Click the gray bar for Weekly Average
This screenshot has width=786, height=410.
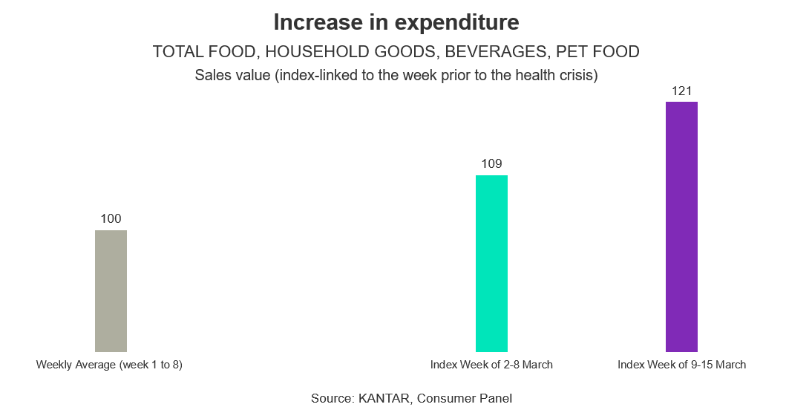pyautogui.click(x=111, y=290)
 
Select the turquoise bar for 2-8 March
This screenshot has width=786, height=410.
pyautogui.click(x=491, y=263)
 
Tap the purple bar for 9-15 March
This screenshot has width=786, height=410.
pyautogui.click(x=681, y=227)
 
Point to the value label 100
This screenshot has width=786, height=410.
pyautogui.click(x=111, y=218)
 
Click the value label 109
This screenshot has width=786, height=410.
pyautogui.click(x=491, y=163)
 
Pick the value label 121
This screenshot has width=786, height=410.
pyautogui.click(x=681, y=91)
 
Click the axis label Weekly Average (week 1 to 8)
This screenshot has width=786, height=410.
pyautogui.click(x=109, y=365)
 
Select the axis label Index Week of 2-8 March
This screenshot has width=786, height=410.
pyautogui.click(x=491, y=365)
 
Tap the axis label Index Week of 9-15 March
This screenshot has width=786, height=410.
pyautogui.click(x=681, y=365)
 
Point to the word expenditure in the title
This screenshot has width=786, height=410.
pyautogui.click(x=456, y=22)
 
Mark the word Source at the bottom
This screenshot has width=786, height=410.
pyautogui.click(x=332, y=398)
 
